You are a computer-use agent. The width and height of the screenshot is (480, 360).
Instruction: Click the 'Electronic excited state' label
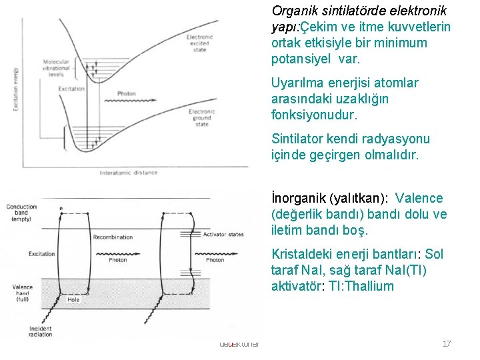200,43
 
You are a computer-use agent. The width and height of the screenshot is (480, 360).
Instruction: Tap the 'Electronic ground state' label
202,118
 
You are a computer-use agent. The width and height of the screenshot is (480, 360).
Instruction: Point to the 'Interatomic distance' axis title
129,173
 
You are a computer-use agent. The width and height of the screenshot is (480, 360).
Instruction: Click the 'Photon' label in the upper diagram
127,93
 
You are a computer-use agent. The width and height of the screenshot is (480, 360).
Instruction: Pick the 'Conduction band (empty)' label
21,213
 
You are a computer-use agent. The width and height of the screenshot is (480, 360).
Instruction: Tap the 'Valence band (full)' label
22,293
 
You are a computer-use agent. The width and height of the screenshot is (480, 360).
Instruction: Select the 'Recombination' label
113,237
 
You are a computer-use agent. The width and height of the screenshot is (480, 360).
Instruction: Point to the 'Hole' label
73,300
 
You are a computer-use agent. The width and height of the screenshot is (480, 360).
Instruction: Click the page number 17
447,344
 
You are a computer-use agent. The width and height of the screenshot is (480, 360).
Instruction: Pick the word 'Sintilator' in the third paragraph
297,139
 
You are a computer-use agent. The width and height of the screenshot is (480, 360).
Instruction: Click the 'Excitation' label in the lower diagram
41,254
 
